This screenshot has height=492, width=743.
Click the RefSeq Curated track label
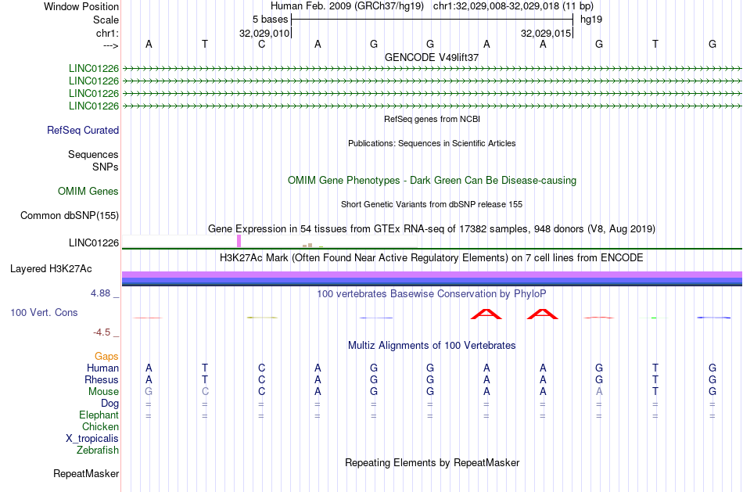83,131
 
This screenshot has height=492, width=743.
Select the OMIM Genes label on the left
88,191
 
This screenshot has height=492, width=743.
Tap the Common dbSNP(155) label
70,216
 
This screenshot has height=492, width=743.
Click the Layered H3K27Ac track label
51,269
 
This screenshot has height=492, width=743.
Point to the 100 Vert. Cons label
44,312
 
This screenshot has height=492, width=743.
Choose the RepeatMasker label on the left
86,473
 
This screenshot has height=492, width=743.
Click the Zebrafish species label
98,450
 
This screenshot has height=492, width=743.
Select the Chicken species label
100,426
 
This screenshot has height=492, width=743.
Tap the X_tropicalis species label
92,439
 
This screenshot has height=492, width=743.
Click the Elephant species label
99,415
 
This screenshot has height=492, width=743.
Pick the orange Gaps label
106,356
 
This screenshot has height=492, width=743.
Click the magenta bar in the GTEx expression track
239,241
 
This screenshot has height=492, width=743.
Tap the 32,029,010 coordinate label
264,33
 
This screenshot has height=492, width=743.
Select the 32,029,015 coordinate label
546,33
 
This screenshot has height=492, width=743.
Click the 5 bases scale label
270,20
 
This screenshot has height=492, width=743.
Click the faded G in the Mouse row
149,392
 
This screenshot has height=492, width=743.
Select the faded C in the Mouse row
205,392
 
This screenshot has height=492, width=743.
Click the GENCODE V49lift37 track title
432,57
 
